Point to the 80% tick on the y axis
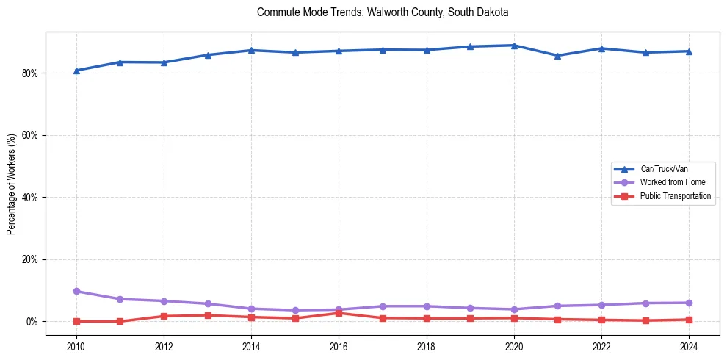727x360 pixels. point(31,73)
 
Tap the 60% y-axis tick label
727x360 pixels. point(31,135)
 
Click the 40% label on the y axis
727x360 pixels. point(31,198)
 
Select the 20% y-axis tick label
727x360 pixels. point(31,259)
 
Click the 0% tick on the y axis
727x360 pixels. point(33,322)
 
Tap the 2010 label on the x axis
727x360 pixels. point(76,346)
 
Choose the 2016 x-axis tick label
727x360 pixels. point(339,346)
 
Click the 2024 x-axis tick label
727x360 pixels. point(690,346)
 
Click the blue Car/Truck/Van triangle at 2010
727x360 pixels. point(76,71)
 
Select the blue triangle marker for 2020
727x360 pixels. point(514,46)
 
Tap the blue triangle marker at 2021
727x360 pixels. point(558,56)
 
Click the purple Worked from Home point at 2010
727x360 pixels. point(76,292)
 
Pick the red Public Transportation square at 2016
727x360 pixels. point(339,313)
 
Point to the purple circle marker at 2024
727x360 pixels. point(690,303)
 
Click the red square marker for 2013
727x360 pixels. point(207,315)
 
